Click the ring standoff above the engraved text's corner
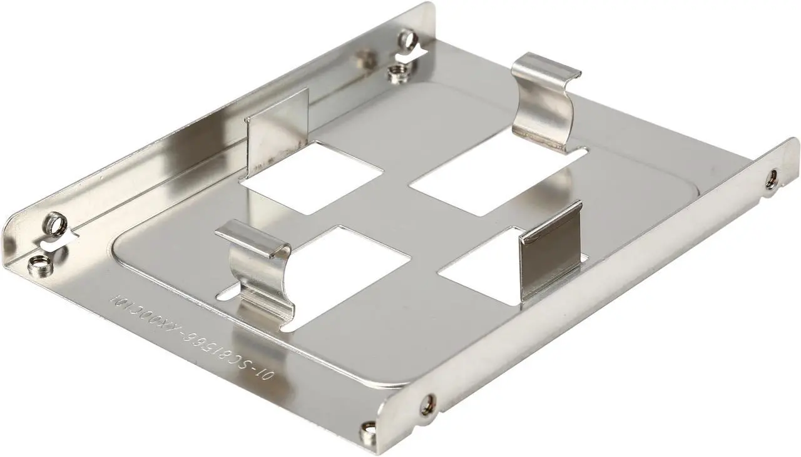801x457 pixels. [x=55, y=223]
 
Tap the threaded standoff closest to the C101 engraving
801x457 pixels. [x=39, y=263]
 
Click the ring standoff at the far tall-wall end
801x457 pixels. [x=408, y=41]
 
